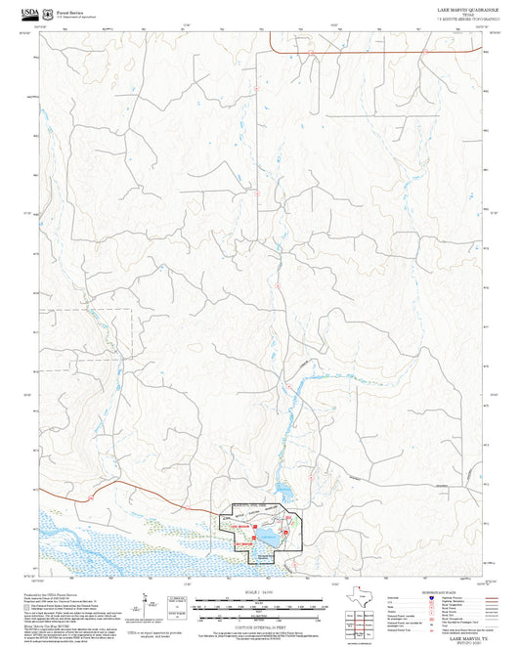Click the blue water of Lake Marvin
click(268, 536)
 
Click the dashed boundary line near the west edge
click(88, 310)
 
